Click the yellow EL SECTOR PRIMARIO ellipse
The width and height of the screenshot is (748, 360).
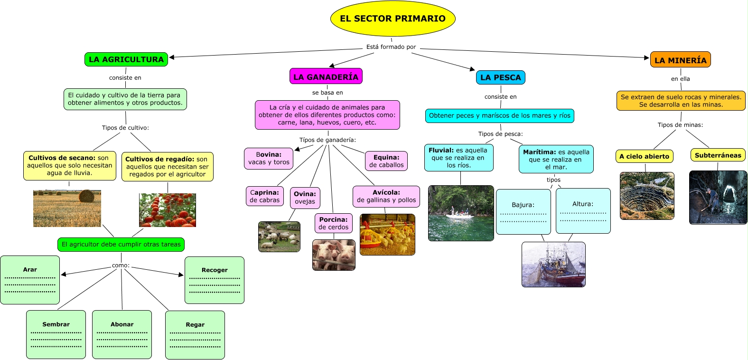pyautogui.click(x=393, y=19)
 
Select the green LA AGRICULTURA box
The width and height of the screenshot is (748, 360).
pyautogui.click(x=126, y=59)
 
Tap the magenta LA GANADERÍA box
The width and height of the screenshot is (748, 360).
pyautogui.click(x=326, y=76)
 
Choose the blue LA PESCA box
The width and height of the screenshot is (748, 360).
pyautogui.click(x=500, y=77)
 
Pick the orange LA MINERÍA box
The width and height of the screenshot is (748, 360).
pyautogui.click(x=680, y=60)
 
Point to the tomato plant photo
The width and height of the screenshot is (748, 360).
pyautogui.click(x=167, y=210)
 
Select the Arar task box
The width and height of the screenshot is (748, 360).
pyautogui.click(x=30, y=280)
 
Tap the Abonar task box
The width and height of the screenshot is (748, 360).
pyautogui.click(x=122, y=334)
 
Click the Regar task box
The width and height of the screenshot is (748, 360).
pyautogui.click(x=195, y=335)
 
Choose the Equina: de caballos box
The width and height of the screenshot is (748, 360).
pyautogui.click(x=386, y=161)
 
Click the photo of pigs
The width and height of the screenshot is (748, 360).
pyautogui.click(x=334, y=255)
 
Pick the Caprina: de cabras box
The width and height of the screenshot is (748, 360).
pyautogui.click(x=265, y=196)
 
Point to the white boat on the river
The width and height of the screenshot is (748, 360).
pyautogui.click(x=459, y=215)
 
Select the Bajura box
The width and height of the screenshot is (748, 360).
pyautogui.click(x=523, y=211)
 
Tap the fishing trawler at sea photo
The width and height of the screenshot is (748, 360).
pyautogui.click(x=553, y=265)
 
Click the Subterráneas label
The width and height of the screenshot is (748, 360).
pyautogui.click(x=718, y=155)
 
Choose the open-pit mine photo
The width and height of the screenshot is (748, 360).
pyautogui.click(x=647, y=196)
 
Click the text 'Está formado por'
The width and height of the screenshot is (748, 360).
pyautogui.click(x=391, y=47)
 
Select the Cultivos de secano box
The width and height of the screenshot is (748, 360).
pyautogui.click(x=70, y=166)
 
